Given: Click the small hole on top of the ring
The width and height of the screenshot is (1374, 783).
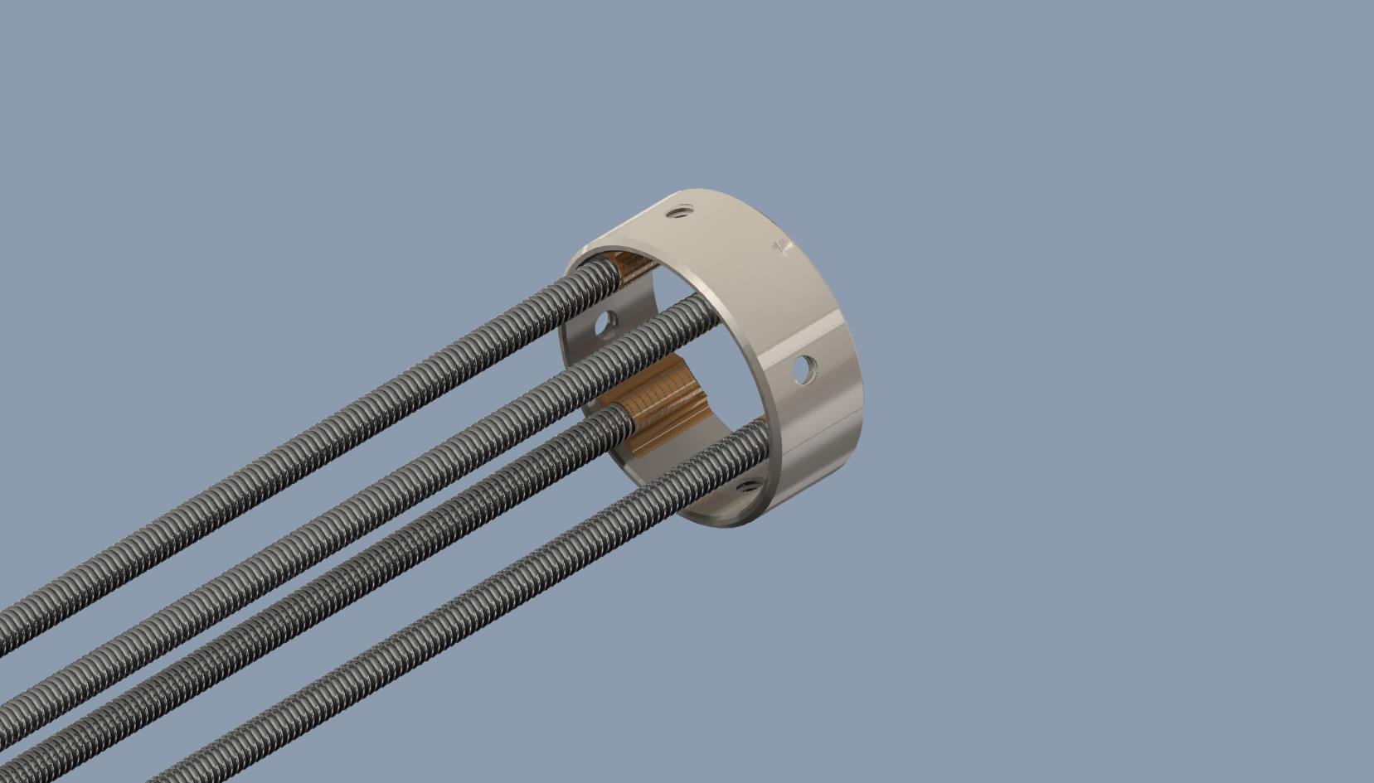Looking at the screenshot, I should tap(680, 212).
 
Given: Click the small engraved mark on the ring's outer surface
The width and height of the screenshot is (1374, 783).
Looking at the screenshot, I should tap(780, 246).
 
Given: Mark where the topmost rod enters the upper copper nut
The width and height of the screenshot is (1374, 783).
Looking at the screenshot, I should tap(612, 269).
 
